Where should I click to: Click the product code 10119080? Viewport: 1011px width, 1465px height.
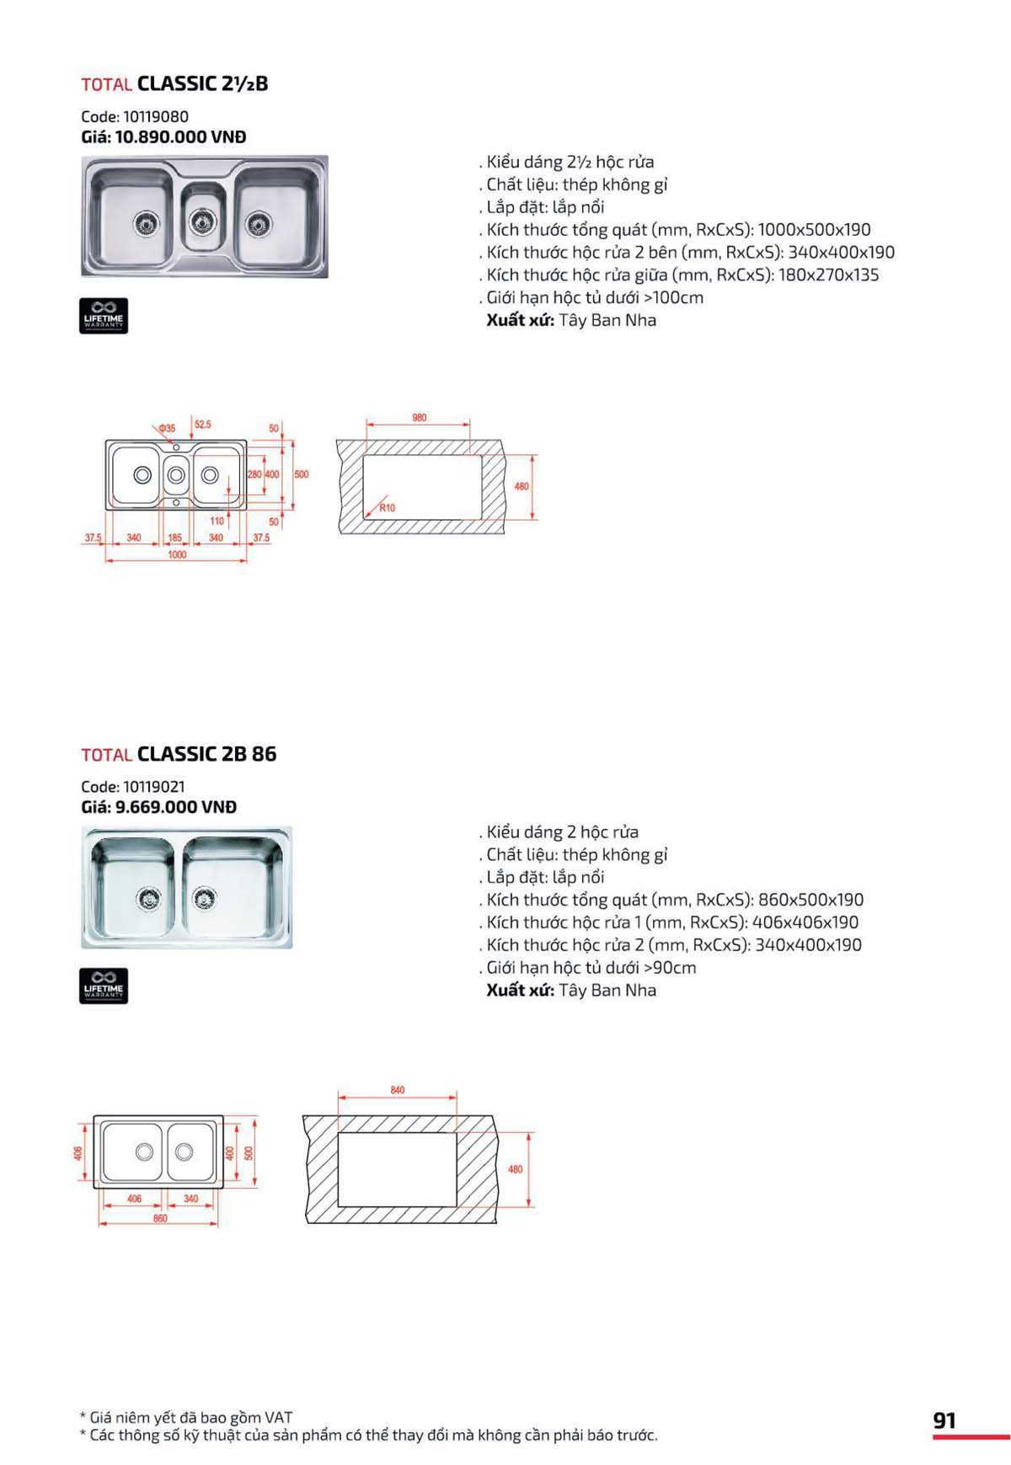tap(155, 117)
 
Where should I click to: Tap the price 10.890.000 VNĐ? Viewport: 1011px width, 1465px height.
tap(180, 137)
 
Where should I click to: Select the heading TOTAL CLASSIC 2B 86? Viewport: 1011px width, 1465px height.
tap(179, 754)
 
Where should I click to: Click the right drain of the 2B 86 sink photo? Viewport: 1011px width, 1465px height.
tap(204, 899)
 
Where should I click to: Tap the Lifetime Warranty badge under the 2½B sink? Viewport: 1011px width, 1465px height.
tap(104, 316)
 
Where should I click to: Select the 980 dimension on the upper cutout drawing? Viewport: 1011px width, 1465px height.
tap(419, 418)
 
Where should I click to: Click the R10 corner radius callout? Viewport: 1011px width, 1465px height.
tap(387, 508)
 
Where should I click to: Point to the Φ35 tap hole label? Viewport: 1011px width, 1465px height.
tap(167, 428)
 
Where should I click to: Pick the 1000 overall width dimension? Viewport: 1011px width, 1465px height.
tap(177, 555)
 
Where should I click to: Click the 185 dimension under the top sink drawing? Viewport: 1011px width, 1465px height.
tap(174, 537)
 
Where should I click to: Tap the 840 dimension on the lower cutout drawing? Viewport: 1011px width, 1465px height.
tap(398, 1090)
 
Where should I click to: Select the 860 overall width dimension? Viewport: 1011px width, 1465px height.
tap(160, 1218)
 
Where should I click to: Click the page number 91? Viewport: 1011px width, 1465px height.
tap(944, 1421)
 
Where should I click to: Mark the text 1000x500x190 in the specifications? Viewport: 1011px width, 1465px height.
tap(814, 230)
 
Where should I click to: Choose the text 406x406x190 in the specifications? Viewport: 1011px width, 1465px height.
tap(805, 922)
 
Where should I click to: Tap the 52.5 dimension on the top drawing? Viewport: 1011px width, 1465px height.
tap(203, 425)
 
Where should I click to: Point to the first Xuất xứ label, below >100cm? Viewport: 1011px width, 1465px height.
tap(520, 320)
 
